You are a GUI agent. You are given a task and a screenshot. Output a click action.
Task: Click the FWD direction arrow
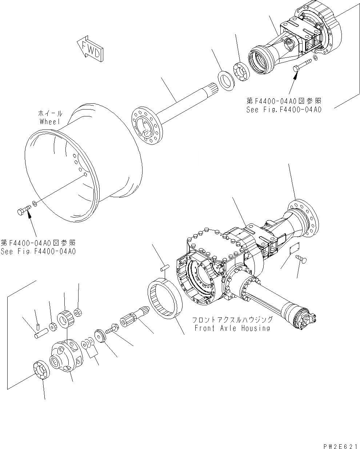point(90,49)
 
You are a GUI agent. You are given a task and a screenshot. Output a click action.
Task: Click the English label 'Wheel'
point(50,122)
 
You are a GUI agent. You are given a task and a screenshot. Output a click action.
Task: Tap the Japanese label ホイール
point(51,114)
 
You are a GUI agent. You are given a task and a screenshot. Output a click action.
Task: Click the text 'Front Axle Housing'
point(232,328)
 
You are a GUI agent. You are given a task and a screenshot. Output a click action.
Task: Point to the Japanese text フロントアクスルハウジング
point(232,320)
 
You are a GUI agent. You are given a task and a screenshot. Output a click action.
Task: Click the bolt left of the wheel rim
point(23,210)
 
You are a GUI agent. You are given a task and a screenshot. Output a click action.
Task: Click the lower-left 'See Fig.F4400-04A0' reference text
point(38,251)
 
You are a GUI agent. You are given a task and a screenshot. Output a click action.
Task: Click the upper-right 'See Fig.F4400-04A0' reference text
point(284,110)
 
